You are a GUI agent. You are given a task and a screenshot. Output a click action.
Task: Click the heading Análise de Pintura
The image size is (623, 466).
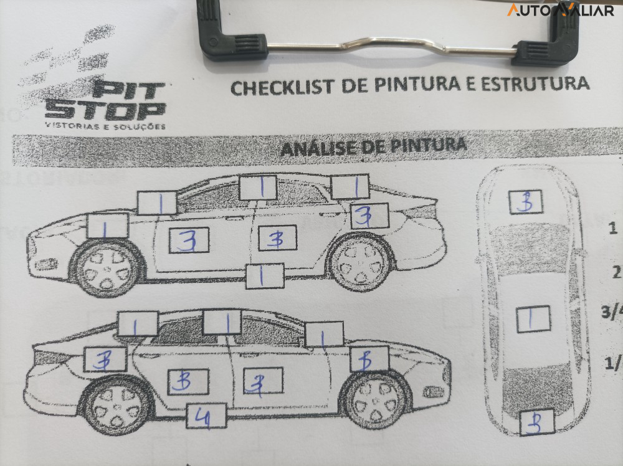point(373,147)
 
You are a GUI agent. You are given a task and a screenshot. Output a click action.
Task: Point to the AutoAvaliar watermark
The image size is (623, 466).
point(560,9)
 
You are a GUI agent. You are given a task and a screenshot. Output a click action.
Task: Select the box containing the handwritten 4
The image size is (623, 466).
point(206,416)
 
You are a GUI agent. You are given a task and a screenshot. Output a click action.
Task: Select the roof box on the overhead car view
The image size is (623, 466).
point(533,318)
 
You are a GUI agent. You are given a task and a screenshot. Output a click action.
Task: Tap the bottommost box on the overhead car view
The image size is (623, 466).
point(536,422)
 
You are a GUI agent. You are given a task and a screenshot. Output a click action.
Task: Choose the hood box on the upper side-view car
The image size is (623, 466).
point(108,226)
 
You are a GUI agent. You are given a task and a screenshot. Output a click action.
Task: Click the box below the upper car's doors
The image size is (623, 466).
point(264,275)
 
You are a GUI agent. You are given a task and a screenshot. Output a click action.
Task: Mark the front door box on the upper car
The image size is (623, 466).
point(189,240)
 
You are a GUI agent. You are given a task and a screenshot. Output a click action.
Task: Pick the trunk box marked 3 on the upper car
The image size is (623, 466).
point(369,216)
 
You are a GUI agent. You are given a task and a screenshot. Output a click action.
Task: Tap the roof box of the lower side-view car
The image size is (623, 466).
point(222,322)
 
